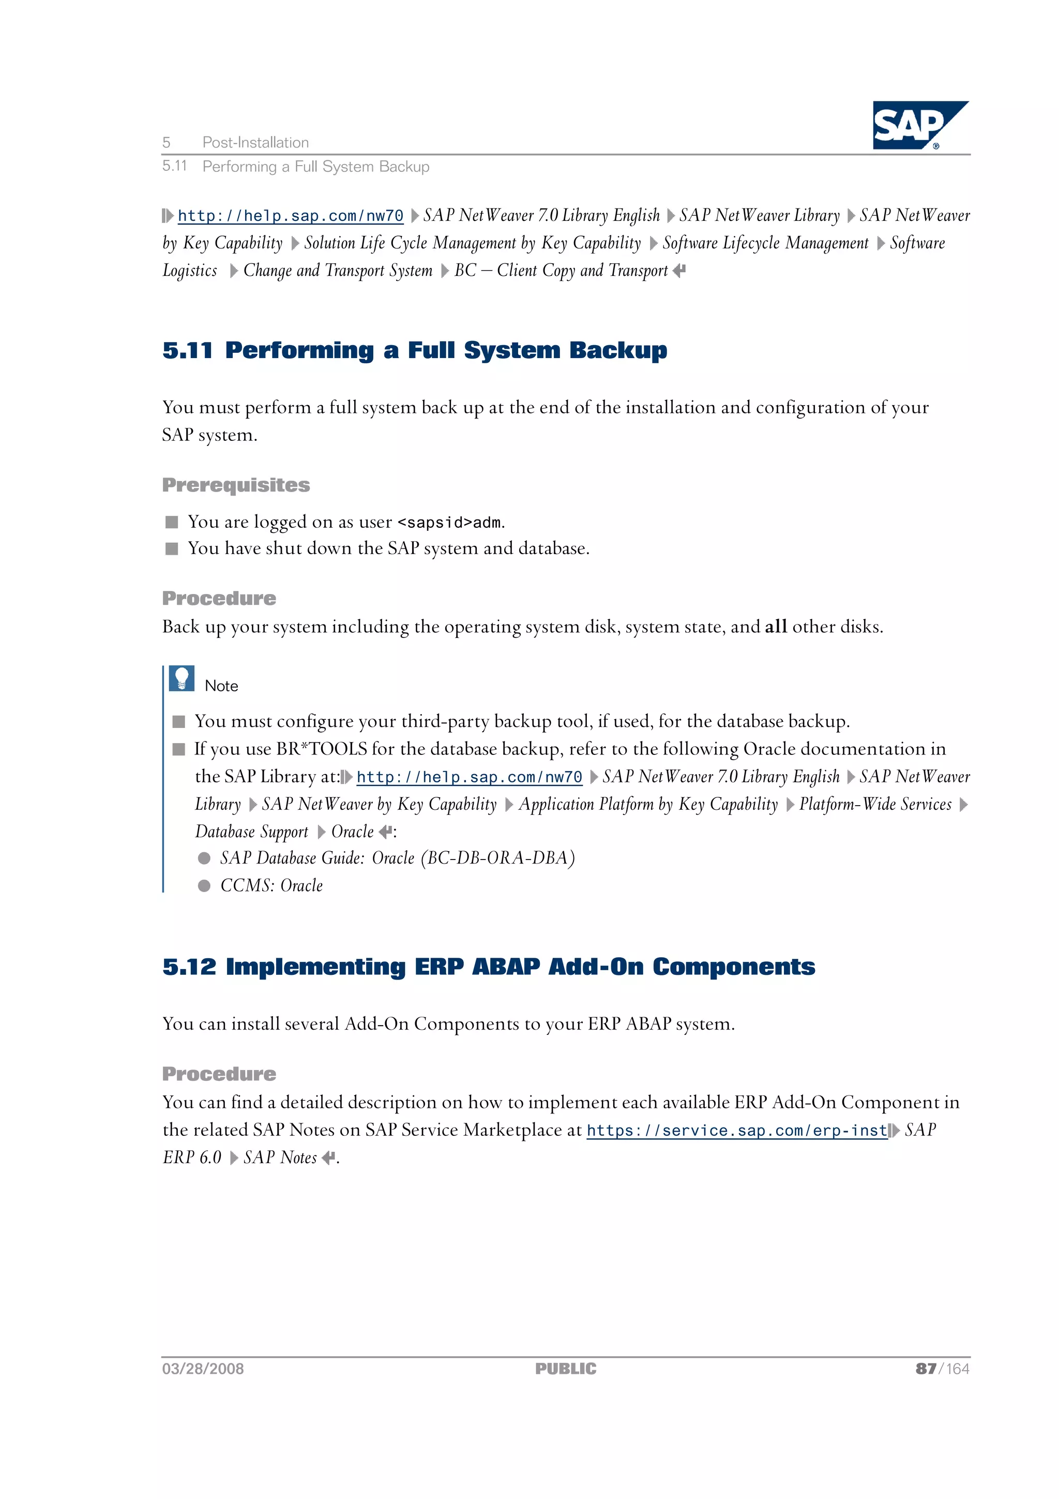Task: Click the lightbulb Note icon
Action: pyautogui.click(x=181, y=678)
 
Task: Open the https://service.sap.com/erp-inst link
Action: pyautogui.click(x=737, y=1130)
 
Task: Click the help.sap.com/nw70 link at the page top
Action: pyautogui.click(x=291, y=216)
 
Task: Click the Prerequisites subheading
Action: pyautogui.click(x=236, y=485)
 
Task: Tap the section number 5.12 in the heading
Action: pyautogui.click(x=189, y=967)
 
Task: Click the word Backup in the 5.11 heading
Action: pyautogui.click(x=618, y=351)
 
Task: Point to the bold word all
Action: pyautogui.click(x=775, y=627)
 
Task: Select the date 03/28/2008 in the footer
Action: pyautogui.click(x=203, y=1369)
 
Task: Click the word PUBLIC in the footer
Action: pyautogui.click(x=566, y=1369)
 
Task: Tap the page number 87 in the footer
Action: pyautogui.click(x=925, y=1369)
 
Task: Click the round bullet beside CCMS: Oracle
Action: pyautogui.click(x=204, y=885)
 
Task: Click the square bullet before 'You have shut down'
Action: pyautogui.click(x=172, y=549)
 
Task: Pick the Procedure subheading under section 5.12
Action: pyautogui.click(x=219, y=1074)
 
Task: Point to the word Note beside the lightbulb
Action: pyautogui.click(x=221, y=686)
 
